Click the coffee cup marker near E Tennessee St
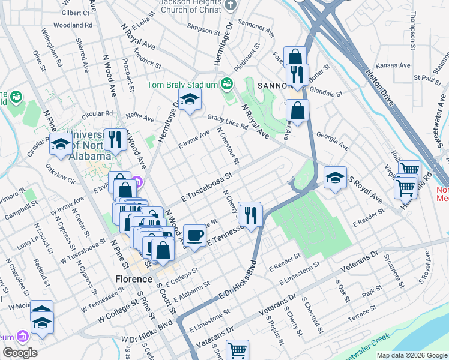click(x=194, y=235)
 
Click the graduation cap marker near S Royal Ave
click(x=335, y=177)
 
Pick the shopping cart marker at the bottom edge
click(x=238, y=349)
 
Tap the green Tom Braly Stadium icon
click(x=227, y=83)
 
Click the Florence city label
click(x=133, y=279)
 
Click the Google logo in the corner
click(x=20, y=353)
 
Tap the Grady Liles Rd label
click(x=228, y=122)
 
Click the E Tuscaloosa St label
click(x=206, y=188)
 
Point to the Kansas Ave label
click(x=393, y=65)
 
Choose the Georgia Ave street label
click(x=332, y=140)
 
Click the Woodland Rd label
click(x=73, y=25)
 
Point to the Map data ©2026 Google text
click(x=412, y=355)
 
